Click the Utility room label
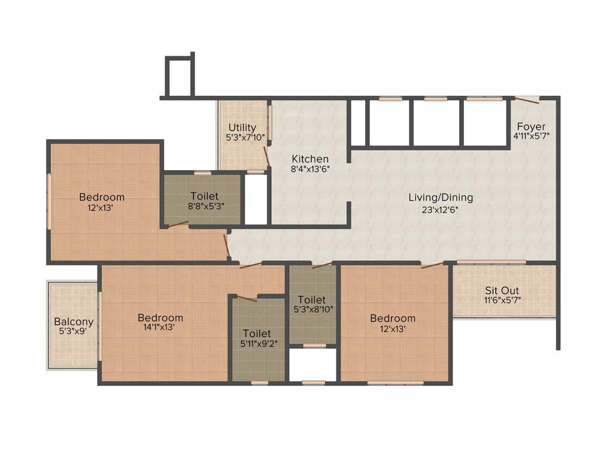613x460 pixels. pyautogui.click(x=242, y=128)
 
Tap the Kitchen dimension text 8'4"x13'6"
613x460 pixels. pyautogui.click(x=310, y=169)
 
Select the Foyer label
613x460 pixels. pyautogui.click(x=531, y=126)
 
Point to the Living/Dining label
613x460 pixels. pyautogui.click(x=441, y=197)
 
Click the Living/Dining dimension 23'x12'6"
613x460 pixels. pyautogui.click(x=441, y=209)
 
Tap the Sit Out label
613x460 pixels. pyautogui.click(x=502, y=290)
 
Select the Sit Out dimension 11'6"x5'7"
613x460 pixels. pyautogui.click(x=502, y=300)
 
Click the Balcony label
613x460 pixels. pyautogui.click(x=74, y=321)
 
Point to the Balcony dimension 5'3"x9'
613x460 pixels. pyautogui.click(x=74, y=331)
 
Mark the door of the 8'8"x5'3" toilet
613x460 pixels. pyautogui.click(x=178, y=225)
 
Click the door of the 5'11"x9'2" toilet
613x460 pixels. pyautogui.click(x=246, y=298)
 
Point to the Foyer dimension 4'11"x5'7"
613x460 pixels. pyautogui.click(x=531, y=136)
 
